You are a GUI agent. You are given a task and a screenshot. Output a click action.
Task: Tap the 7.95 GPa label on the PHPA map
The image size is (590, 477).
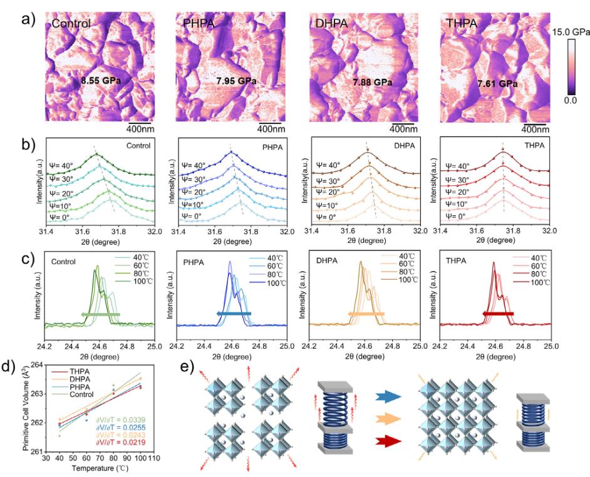click(235, 80)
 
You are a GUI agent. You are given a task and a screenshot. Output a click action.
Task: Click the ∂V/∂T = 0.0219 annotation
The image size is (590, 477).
click(122, 444)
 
